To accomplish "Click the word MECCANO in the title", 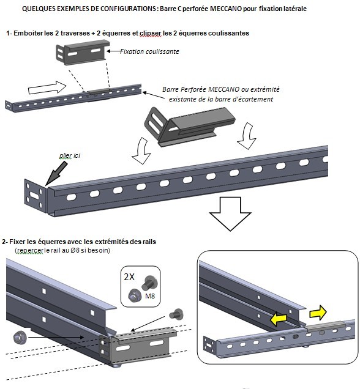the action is tap(226, 9).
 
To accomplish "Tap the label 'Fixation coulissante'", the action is tap(150, 51).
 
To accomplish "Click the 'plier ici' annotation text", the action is tap(70, 155).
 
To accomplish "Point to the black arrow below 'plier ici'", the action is tap(56, 174).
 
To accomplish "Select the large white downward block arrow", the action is tap(230, 214).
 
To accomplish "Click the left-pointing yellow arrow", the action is tap(279, 319).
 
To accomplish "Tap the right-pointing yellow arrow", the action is tap(318, 313).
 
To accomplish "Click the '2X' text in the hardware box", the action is tap(129, 277).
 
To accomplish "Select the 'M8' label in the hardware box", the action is tap(150, 296).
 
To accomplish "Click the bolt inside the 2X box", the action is tap(149, 283).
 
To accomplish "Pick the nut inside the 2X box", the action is tap(135, 295).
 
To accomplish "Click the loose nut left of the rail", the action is tap(20, 338).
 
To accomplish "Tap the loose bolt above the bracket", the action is tap(176, 314).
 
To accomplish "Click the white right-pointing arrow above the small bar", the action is tap(47, 88).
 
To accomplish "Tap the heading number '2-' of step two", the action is tap(6, 242).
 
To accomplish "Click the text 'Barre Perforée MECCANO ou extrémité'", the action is tap(221, 89).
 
